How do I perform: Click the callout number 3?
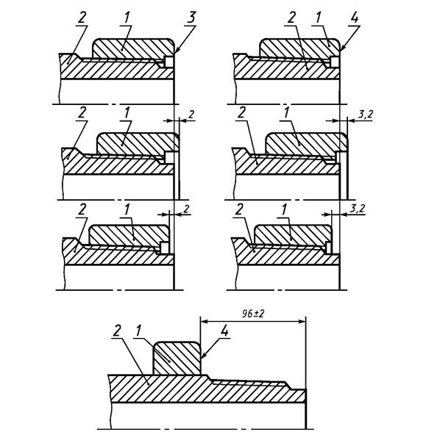coord(191,17)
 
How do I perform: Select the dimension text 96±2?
coord(253,314)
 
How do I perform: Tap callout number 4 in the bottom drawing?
coord(225,330)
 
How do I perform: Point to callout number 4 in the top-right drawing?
coord(355,18)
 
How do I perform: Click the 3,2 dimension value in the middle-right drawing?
coord(365,115)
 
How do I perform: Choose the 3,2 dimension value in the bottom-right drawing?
coord(357,209)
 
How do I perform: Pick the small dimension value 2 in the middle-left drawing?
coord(191,115)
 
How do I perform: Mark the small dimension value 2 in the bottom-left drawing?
coord(187,209)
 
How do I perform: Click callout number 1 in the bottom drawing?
coord(138,330)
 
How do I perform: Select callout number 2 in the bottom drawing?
coord(117,330)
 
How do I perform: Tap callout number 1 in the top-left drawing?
coord(127,18)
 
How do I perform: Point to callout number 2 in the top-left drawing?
coord(82,18)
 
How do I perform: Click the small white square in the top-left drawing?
coord(168,61)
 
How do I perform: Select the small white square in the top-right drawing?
coord(335,61)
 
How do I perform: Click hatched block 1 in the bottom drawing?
coord(177,359)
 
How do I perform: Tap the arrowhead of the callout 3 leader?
coord(176,51)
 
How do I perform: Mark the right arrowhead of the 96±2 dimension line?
coord(302,321)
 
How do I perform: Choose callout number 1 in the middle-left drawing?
coord(127,112)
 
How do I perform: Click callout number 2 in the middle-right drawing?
coord(241,112)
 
